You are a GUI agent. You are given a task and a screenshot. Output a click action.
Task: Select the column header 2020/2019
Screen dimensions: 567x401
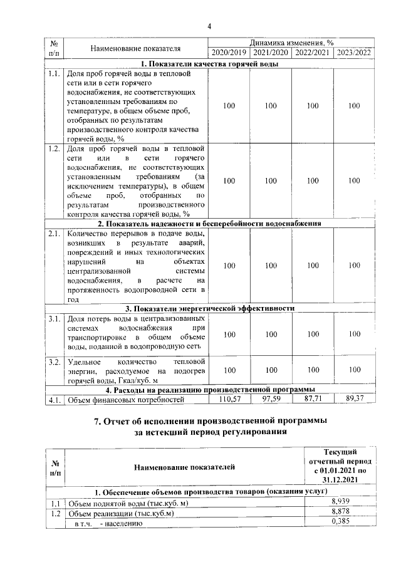click(229, 53)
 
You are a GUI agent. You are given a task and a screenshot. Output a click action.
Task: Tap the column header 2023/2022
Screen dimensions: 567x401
click(354, 53)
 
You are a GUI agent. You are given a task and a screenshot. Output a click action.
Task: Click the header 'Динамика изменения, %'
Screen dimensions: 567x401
click(291, 43)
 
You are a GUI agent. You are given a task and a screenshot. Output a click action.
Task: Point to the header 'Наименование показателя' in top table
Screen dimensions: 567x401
click(135, 48)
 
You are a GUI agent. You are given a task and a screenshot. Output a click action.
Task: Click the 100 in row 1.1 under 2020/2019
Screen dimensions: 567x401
click(229, 107)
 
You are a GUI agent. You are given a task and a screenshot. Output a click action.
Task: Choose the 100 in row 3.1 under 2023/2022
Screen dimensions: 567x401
click(354, 335)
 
